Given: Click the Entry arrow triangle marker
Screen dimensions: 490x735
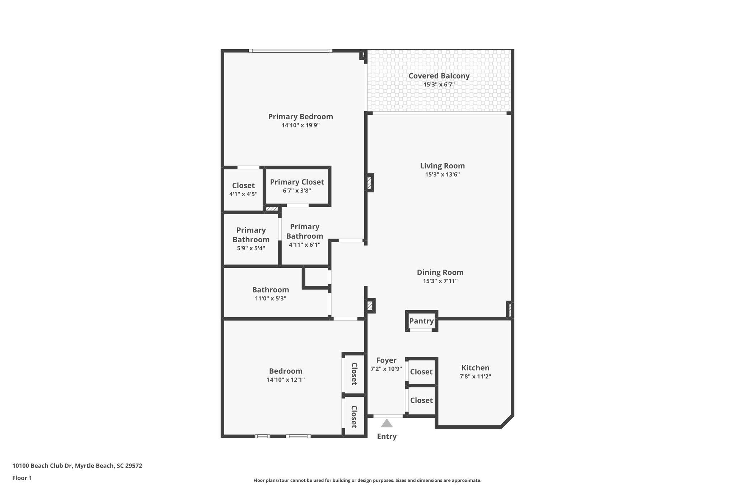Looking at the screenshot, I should click(387, 424).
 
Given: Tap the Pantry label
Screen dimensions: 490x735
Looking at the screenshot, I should click(421, 321).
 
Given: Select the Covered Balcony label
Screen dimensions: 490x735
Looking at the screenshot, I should click(439, 76).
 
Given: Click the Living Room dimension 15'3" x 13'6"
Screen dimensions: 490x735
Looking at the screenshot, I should click(442, 175).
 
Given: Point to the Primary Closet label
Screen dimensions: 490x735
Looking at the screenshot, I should click(297, 182).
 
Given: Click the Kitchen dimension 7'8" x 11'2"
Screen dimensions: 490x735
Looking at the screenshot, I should click(475, 377).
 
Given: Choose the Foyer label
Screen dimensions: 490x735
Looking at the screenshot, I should click(386, 360).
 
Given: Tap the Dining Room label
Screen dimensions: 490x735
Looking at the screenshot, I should click(440, 272).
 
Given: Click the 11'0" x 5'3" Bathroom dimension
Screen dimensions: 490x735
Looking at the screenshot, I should click(270, 298).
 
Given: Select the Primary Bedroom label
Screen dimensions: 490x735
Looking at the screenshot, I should click(300, 117).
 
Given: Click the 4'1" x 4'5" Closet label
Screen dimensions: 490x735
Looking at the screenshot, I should click(243, 186).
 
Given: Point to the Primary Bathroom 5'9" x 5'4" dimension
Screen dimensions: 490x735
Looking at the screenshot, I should click(251, 248).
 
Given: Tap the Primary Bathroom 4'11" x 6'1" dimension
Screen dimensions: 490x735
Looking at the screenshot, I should click(304, 245).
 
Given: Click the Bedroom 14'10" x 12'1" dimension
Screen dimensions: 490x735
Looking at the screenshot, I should click(286, 380).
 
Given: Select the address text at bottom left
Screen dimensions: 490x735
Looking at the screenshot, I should click(77, 466).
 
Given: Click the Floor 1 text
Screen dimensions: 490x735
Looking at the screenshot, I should click(22, 478).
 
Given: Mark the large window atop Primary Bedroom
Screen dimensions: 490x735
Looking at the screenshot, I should click(290, 51).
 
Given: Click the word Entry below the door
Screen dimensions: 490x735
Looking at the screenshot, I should click(387, 437).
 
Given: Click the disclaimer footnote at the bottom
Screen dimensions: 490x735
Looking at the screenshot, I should click(367, 480).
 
